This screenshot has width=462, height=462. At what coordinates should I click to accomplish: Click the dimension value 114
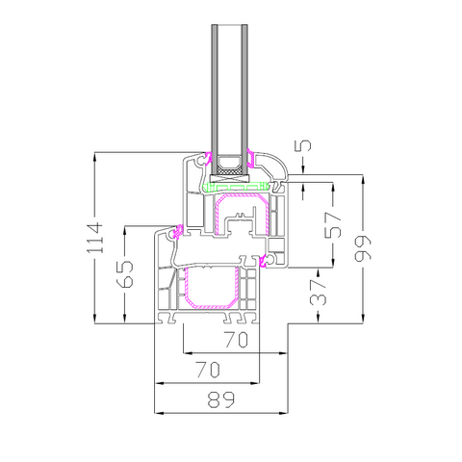(x=95, y=238)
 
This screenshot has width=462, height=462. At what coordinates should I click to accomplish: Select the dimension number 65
(x=125, y=273)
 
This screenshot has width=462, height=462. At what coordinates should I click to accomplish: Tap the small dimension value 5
(x=304, y=145)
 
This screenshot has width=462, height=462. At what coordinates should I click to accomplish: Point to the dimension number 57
(x=333, y=225)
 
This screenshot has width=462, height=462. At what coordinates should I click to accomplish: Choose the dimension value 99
(x=363, y=248)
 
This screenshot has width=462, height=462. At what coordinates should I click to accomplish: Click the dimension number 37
(x=318, y=292)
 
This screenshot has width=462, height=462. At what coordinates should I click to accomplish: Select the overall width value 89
(x=221, y=399)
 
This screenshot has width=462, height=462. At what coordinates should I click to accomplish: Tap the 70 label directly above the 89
(x=209, y=370)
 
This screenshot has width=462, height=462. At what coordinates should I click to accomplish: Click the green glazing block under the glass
(x=236, y=187)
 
